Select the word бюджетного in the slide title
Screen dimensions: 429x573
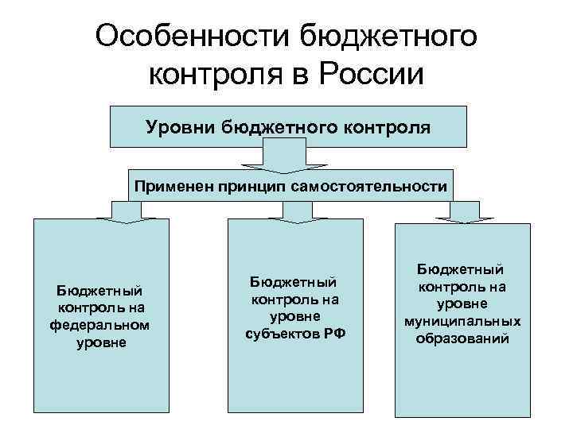click(x=389, y=37)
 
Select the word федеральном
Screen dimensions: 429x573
click(x=99, y=325)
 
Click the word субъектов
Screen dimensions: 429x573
click(x=279, y=334)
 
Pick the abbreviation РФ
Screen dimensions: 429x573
click(x=331, y=334)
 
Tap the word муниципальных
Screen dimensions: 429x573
click(x=462, y=322)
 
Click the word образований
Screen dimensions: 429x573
click(x=462, y=340)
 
